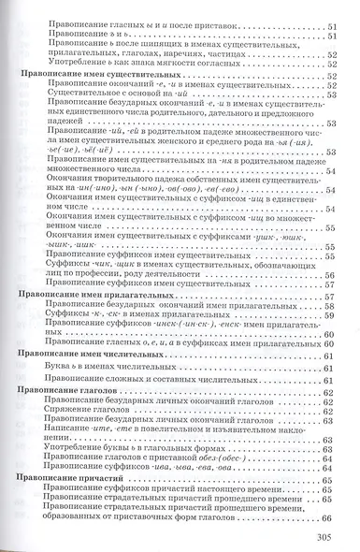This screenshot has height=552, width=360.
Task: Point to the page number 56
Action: pos(329,275)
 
